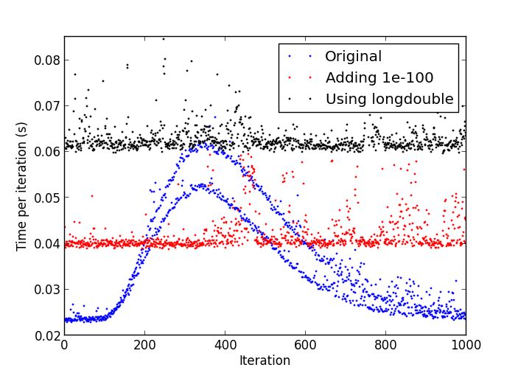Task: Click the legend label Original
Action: point(353,57)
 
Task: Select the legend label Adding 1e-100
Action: point(379,77)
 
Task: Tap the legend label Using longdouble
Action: point(389,99)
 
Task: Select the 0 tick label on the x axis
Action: point(64,345)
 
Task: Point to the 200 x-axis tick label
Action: point(144,345)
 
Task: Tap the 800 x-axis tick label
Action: point(385,345)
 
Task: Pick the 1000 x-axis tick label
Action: point(466,345)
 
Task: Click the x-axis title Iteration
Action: point(265,360)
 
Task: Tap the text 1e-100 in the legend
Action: point(406,77)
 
